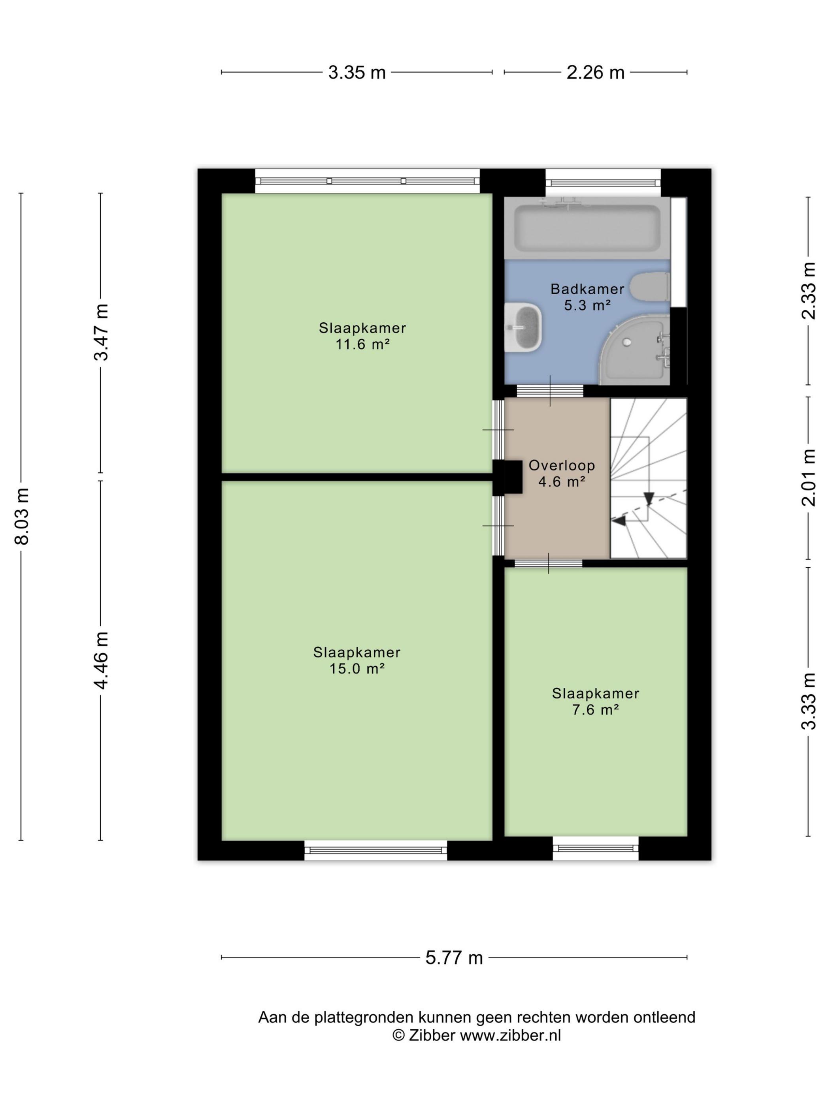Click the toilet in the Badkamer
click(x=649, y=286)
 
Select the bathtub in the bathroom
click(x=587, y=228)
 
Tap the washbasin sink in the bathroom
click(x=523, y=327)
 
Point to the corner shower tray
click(x=634, y=349)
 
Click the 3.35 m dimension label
click(x=357, y=73)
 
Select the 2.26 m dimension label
click(x=595, y=73)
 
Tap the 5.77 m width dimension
click(x=454, y=958)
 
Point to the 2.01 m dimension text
click(x=809, y=478)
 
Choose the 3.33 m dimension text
click(x=809, y=701)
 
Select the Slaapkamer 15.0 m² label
click(x=357, y=660)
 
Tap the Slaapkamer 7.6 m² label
click(x=595, y=701)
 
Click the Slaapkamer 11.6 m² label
click(x=362, y=335)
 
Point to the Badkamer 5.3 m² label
click(x=587, y=297)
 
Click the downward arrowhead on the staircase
click(x=649, y=498)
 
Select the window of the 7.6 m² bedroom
click(x=595, y=848)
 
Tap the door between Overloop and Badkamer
click(x=550, y=391)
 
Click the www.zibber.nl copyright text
click(x=476, y=1035)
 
